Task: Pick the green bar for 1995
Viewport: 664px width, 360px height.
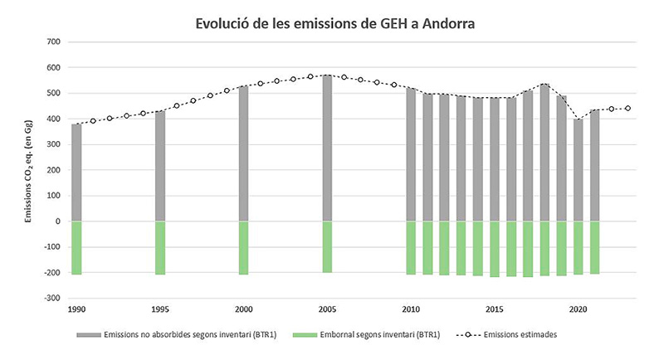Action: tap(160, 247)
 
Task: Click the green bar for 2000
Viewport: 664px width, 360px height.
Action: tap(243, 247)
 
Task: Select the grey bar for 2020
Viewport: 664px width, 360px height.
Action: tap(579, 170)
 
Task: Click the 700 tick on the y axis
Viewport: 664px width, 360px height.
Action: tap(55, 41)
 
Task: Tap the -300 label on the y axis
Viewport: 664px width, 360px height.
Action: tap(52, 299)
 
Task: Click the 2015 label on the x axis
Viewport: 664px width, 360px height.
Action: tap(494, 308)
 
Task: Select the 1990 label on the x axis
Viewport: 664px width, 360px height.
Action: tap(76, 308)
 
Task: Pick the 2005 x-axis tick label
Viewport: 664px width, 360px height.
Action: tap(327, 308)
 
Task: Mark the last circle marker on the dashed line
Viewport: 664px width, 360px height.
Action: tap(628, 109)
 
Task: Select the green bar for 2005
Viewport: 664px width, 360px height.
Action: tap(327, 246)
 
